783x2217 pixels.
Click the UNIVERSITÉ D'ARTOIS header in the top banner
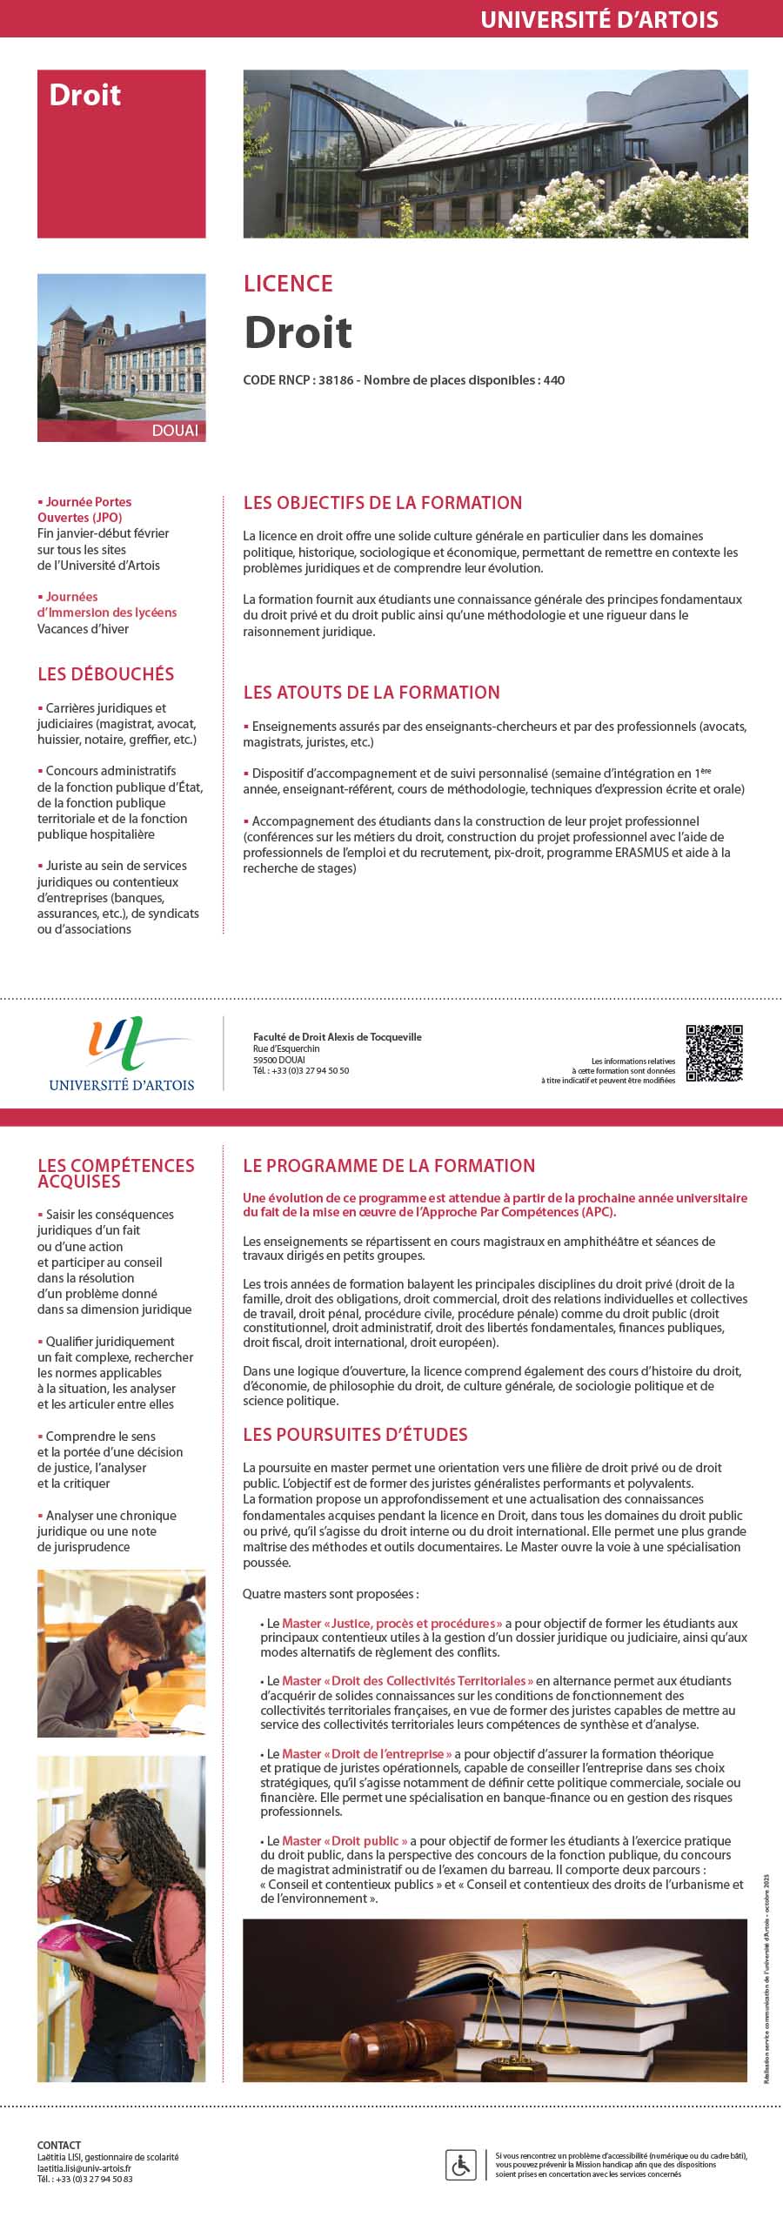599,19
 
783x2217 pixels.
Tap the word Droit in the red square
84,95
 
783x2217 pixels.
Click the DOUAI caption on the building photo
175,431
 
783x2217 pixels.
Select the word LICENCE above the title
288,284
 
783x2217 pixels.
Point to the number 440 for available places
554,380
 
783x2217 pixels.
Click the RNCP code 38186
336,380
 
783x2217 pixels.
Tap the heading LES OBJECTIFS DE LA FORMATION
383,503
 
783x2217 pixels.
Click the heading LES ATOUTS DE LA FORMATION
371,693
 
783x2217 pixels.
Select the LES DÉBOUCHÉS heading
105,674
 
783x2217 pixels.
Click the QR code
714,1053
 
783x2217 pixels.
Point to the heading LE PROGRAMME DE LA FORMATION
389,1166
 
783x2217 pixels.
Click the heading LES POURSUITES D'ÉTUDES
355,1435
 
